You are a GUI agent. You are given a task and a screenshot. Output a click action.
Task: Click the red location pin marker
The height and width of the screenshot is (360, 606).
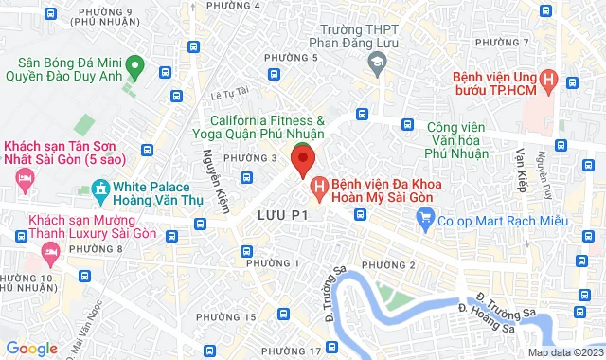(x=302, y=158)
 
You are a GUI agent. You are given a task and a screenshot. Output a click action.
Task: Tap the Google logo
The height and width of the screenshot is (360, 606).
(x=31, y=348)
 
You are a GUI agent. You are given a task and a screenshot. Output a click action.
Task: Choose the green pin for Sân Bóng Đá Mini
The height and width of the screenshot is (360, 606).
(x=135, y=66)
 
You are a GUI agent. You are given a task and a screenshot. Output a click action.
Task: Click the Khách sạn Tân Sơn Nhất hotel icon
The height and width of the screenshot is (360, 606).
(x=25, y=177)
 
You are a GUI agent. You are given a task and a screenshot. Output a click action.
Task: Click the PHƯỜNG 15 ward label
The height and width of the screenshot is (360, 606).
(x=236, y=316)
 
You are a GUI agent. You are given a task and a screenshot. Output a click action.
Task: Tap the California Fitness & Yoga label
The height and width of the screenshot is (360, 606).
(x=267, y=128)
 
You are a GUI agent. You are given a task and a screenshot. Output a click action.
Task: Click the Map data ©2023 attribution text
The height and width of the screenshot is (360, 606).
(x=565, y=352)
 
